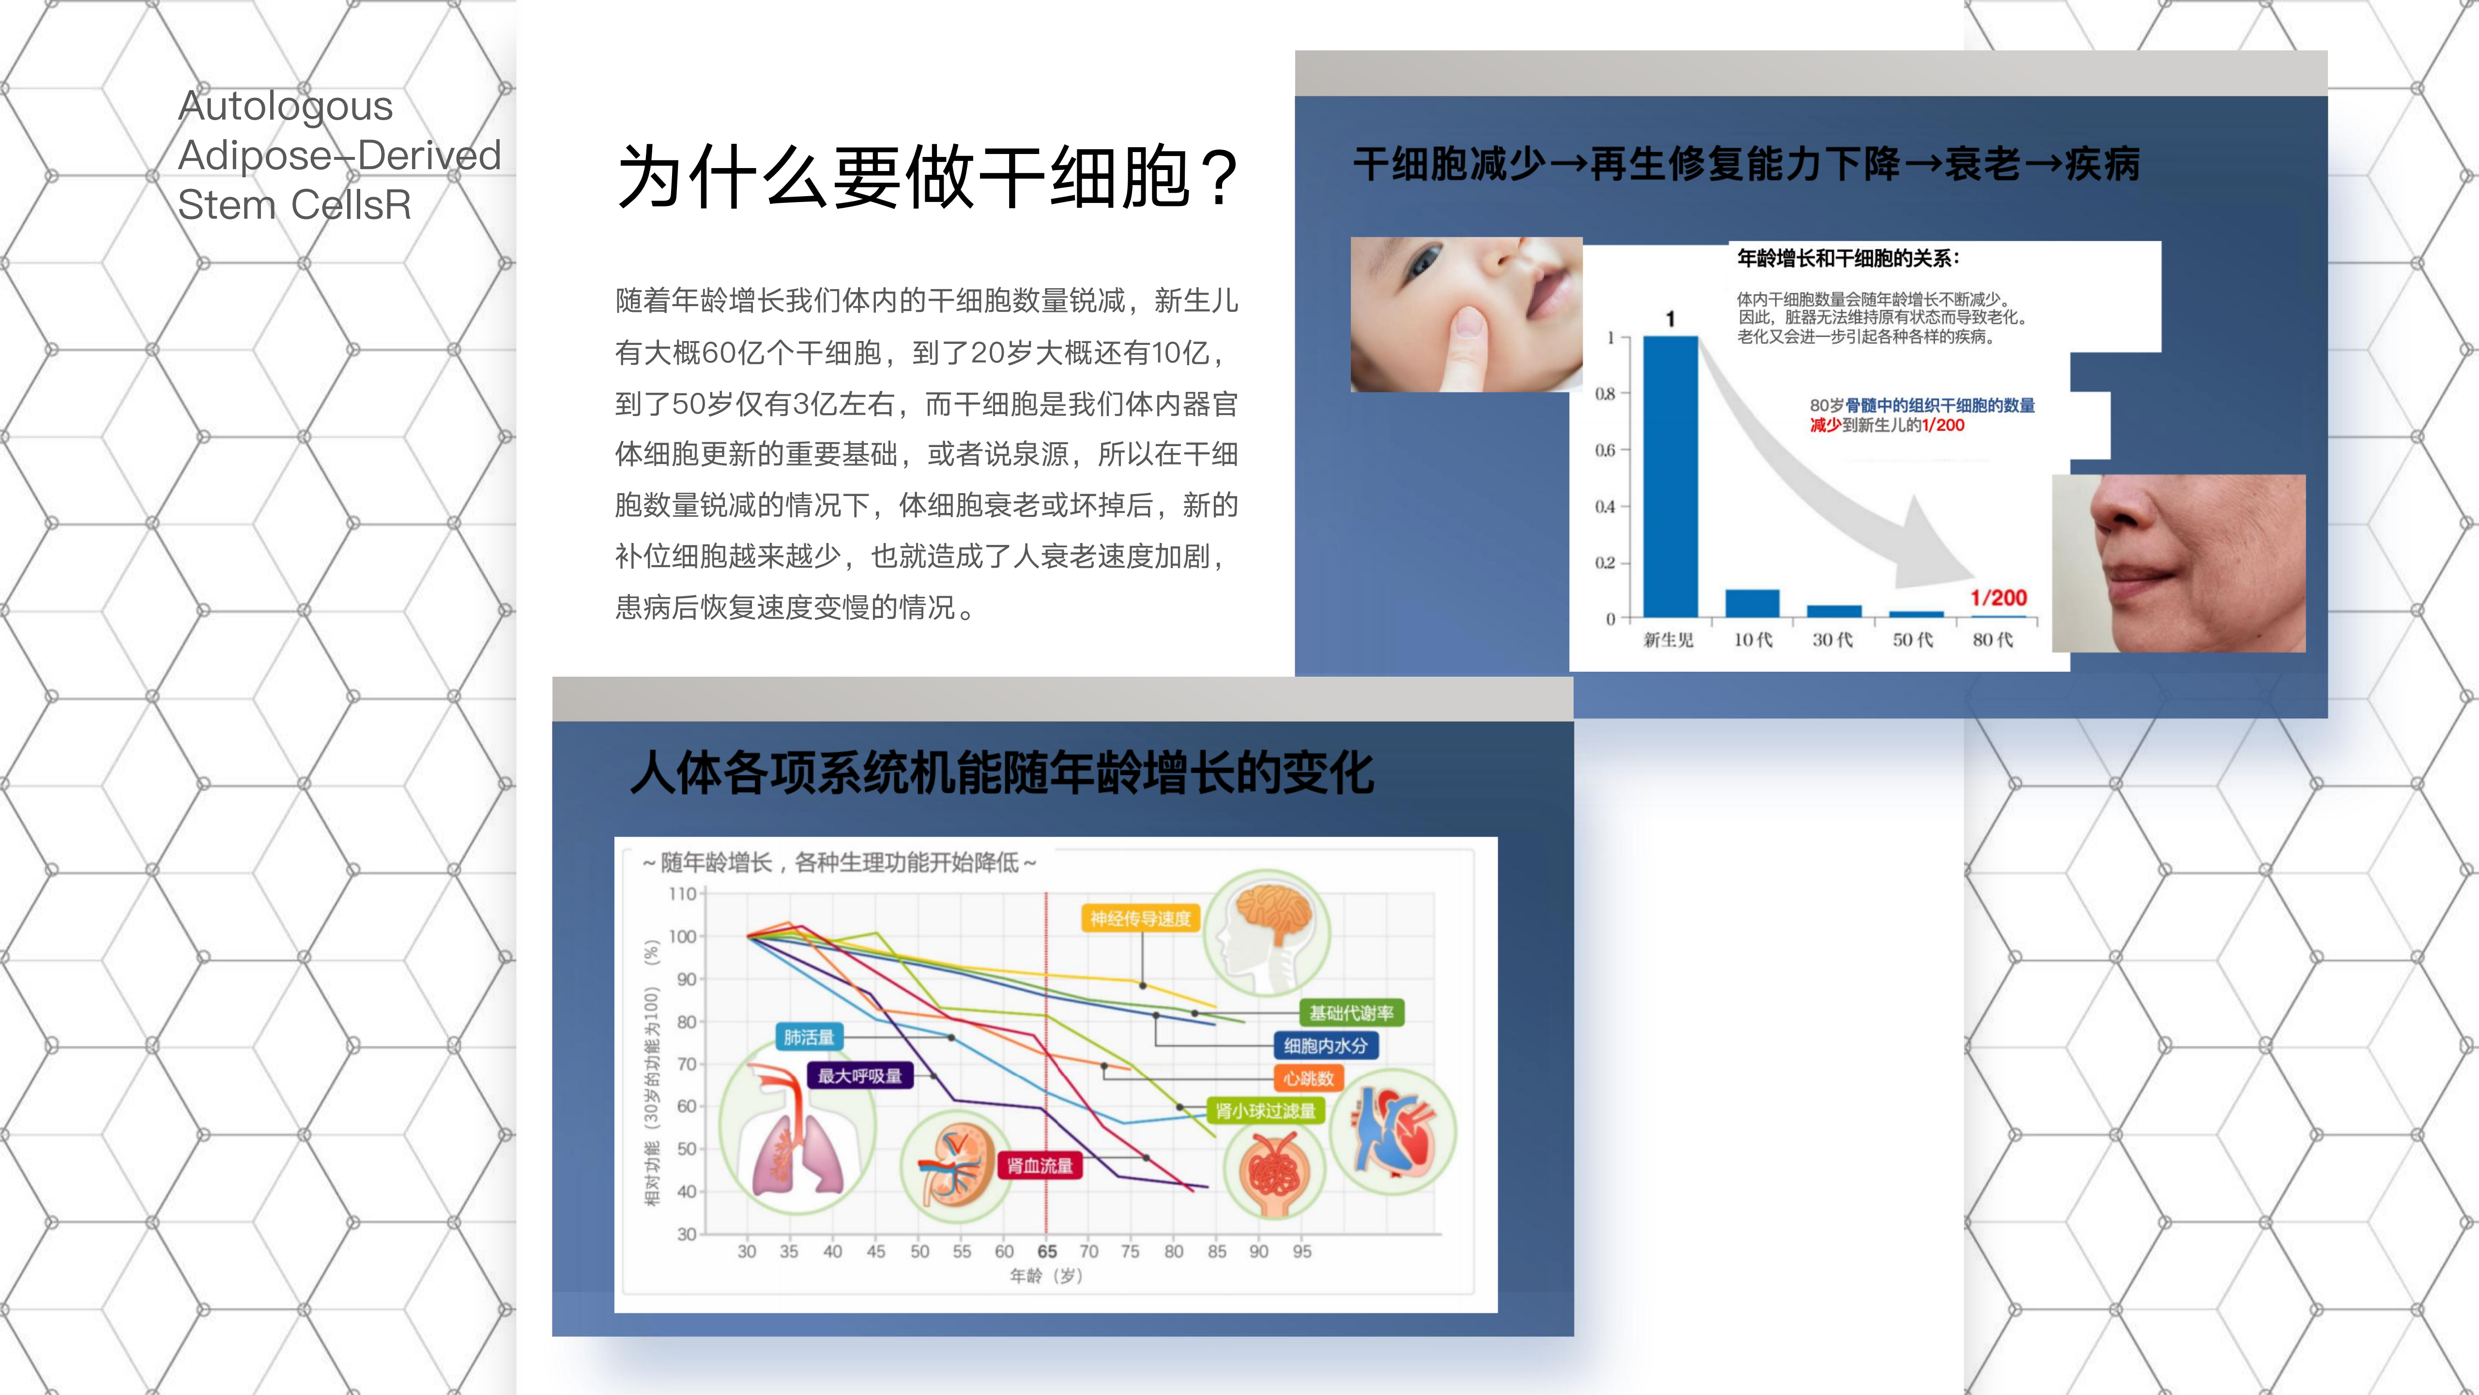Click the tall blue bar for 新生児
[x=1670, y=477]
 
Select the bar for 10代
[x=1752, y=603]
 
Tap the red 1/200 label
[x=1999, y=598]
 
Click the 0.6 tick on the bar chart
[x=1605, y=449]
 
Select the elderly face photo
[x=2179, y=563]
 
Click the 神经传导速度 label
[x=1140, y=918]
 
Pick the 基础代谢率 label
[x=1351, y=1013]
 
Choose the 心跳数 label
[x=1309, y=1078]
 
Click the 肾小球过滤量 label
[x=1266, y=1111]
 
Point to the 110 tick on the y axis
[x=682, y=893]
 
